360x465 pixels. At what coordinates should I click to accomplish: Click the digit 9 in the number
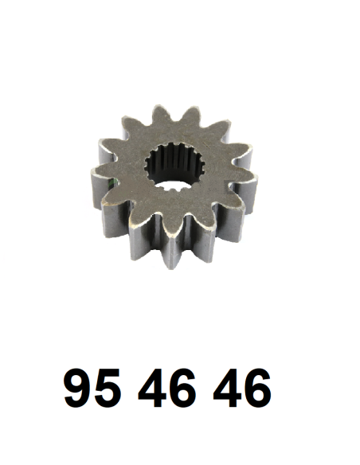point(78,388)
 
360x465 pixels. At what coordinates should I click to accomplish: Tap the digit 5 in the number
point(107,389)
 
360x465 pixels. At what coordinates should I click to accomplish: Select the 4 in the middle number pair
point(151,388)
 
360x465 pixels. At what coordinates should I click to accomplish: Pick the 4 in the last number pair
point(227,388)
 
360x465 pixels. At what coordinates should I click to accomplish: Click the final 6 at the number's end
point(257,388)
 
